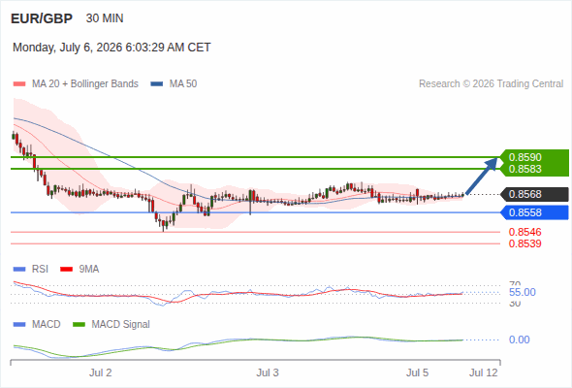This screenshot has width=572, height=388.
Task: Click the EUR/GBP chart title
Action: pos(42,18)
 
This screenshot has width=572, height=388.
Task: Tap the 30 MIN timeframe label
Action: pos(105,18)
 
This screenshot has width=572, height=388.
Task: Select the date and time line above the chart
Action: pos(111,48)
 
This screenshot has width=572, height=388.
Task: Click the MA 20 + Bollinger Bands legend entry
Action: pos(76,84)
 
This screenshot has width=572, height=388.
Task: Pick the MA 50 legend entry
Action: pos(174,84)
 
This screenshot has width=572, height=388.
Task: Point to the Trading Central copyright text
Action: pos(491,84)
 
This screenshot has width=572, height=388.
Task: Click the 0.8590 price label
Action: pos(524,157)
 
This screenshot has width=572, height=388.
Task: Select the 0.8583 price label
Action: pos(524,169)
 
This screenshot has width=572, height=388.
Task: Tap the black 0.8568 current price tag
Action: pos(534,194)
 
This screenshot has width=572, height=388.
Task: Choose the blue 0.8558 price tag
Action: pos(534,212)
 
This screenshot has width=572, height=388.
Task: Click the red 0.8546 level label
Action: pos(524,232)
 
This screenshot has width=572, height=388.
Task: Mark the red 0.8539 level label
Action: pos(524,243)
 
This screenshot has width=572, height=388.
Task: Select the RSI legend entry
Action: pos(31,270)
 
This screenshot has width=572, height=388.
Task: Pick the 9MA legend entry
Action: pos(79,270)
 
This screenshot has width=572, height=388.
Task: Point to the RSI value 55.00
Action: pos(523,292)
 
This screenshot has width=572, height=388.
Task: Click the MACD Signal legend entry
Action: pos(111,325)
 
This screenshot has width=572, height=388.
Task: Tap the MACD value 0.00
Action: pos(520,339)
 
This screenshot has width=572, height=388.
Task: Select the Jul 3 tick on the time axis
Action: pos(268,372)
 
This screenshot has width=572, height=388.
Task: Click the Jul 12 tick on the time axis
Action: pos(484,372)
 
